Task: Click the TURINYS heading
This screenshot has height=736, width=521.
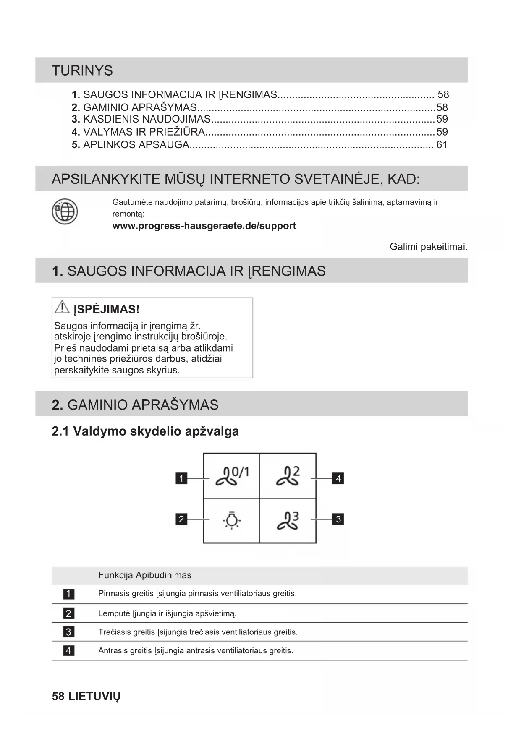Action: coord(82,70)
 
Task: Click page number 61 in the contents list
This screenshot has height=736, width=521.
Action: coord(442,145)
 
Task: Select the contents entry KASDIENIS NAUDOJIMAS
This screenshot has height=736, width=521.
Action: coord(147,120)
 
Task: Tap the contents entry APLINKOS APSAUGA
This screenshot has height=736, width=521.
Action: coord(136,145)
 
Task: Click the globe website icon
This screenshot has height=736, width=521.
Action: coord(65,211)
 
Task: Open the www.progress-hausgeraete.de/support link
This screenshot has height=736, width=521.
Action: coord(204,226)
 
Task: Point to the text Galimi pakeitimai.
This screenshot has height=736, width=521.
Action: coord(428,247)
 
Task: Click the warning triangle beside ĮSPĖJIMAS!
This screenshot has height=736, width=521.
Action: coord(62,308)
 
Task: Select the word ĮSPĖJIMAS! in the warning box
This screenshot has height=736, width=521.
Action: coord(106,310)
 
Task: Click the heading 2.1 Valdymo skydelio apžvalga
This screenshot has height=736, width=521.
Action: coord(145,431)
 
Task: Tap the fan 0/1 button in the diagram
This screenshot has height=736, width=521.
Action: coord(232,476)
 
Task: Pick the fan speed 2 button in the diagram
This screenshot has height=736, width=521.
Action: coord(288,476)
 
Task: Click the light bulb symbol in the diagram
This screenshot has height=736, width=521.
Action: coord(231,520)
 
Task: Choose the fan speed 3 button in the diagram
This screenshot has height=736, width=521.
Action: coord(288,520)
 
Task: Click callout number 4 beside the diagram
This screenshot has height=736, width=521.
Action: coord(338,478)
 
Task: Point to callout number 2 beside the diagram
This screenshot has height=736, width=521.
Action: coord(181,519)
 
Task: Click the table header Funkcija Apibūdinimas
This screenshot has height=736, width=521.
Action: coord(145,575)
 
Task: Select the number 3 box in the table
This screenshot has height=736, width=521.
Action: coord(68,632)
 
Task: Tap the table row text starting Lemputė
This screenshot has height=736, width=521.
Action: coord(167,613)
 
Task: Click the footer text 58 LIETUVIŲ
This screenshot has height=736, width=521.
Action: coord(86,697)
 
